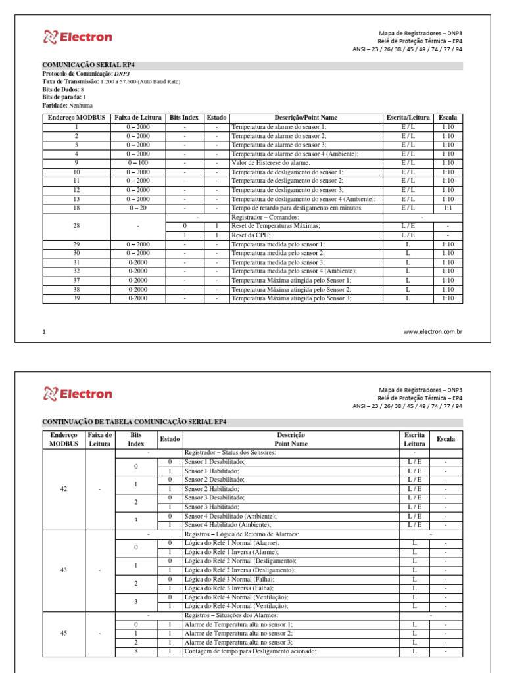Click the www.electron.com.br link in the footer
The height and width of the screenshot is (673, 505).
coord(433,332)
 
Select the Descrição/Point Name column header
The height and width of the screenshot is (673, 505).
coord(306,118)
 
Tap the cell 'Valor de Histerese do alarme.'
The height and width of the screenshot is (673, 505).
coord(270,162)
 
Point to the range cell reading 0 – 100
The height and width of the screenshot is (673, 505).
coord(138,162)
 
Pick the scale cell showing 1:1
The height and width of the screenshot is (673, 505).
coord(448,208)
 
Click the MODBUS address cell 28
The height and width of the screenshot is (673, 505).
coord(76,225)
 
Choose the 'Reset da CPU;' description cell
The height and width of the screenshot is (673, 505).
coord(252,235)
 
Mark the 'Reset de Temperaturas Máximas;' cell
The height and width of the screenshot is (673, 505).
coord(276,225)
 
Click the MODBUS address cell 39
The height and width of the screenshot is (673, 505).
coord(76,298)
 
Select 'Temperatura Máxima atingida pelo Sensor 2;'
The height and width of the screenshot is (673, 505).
coord(291,289)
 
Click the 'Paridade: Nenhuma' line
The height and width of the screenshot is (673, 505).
coord(67,105)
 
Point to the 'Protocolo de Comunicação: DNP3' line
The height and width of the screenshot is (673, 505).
coord(85,74)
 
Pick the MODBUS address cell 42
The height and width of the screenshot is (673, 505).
coord(64,489)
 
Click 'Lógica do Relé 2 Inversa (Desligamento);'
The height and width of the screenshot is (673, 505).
coord(240,570)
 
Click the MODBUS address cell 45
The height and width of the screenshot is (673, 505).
coord(64,633)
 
